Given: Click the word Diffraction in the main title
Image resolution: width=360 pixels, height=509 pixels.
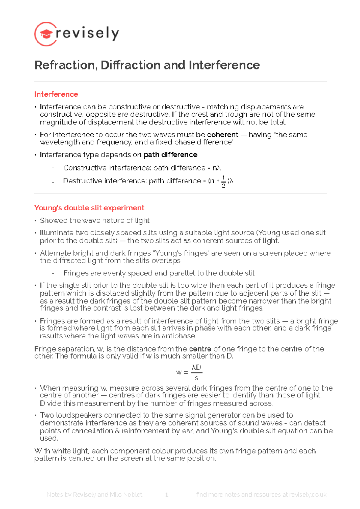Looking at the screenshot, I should pos(130,65).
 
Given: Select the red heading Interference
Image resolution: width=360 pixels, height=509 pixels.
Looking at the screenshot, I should pos(56,94).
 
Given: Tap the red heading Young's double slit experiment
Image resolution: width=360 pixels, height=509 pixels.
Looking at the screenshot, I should pos(89,208).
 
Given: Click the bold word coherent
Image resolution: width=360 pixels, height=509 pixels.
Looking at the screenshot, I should pos(223,135).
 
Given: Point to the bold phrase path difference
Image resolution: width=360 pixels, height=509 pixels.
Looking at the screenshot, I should pos(170,155).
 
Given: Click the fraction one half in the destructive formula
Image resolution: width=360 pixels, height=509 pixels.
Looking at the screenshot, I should pos(223,182).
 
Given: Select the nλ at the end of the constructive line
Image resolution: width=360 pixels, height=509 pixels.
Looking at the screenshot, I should pos(217,168).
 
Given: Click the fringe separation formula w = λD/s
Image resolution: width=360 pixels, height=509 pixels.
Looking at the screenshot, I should pos(189,372).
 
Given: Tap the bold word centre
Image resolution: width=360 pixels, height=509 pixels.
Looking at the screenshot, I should pos(200,349).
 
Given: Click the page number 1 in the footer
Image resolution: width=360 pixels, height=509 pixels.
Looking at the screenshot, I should pos(167,495).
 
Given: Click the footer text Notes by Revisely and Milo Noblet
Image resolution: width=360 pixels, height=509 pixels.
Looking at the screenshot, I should pos(94,495).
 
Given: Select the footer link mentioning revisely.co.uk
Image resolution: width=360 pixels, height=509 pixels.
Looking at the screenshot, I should pos(261,495).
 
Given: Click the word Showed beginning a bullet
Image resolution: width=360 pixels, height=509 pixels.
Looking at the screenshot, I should pos(54,221).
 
